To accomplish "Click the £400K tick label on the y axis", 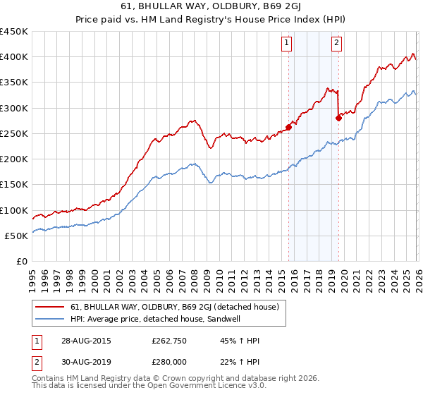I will click(x=14, y=57).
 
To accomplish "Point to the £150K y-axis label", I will click(x=14, y=185).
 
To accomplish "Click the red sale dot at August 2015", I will click(x=288, y=128).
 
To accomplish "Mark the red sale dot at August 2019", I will click(x=338, y=119).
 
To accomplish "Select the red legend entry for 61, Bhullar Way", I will click(x=175, y=307).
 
